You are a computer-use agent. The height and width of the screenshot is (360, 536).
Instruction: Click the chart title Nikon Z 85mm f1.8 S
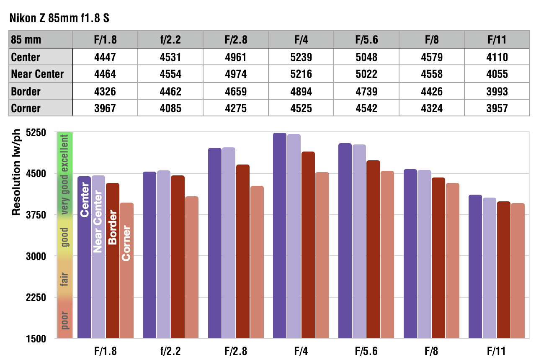coord(59,18)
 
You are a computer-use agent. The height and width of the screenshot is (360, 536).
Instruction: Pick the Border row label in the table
coord(26,91)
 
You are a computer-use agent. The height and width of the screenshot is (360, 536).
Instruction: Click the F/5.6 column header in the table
coord(366,40)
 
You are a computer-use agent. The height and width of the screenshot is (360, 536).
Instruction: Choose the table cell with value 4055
coord(497,74)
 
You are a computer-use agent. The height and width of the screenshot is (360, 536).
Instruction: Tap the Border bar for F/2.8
coord(243,251)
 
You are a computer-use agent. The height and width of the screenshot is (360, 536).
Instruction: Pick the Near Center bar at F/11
coord(489,268)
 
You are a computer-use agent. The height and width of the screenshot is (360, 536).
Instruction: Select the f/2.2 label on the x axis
coord(170,351)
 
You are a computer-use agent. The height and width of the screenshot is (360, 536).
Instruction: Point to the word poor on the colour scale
coord(64,320)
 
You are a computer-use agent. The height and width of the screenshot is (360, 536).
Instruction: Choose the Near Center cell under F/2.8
coord(236,74)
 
